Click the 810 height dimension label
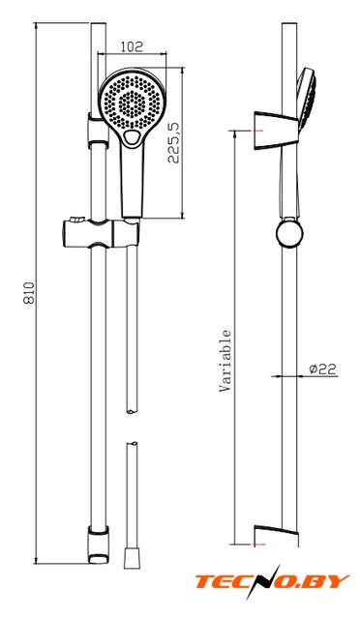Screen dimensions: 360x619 [x=30, y=293]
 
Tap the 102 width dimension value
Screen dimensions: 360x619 [x=132, y=47]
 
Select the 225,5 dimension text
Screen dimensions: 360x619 [x=173, y=143]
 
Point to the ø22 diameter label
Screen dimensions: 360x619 [x=322, y=369]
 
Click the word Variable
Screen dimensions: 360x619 [x=225, y=361]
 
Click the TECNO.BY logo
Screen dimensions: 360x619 [x=272, y=582]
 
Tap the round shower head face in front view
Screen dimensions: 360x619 [x=132, y=102]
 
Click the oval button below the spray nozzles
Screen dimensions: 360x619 [x=131, y=137]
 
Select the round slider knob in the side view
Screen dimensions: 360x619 [x=289, y=233]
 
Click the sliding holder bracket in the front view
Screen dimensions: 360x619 [x=102, y=233]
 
